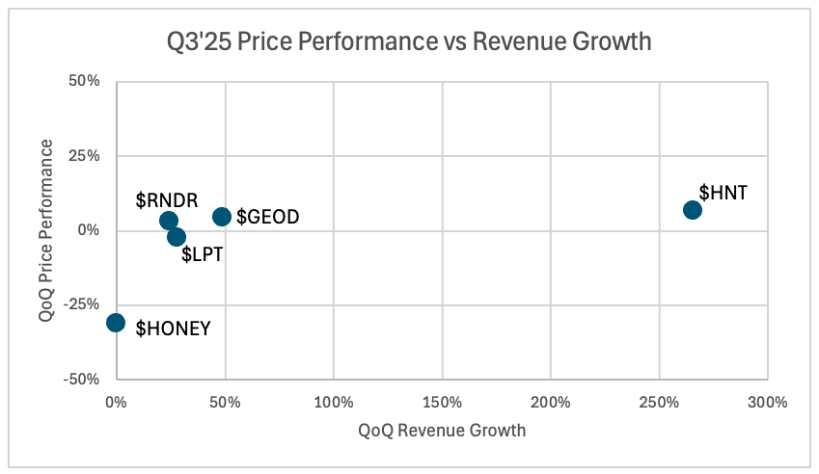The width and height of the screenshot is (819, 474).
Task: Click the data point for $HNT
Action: pyautogui.click(x=693, y=210)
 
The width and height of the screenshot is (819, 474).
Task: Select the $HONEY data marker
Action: pyautogui.click(x=116, y=322)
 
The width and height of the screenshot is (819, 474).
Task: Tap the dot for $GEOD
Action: pyautogui.click(x=222, y=217)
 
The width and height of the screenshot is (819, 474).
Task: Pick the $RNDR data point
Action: pyautogui.click(x=169, y=221)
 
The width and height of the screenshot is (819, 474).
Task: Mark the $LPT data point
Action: pyautogui.click(x=177, y=237)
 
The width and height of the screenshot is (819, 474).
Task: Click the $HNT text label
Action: pyautogui.click(x=723, y=193)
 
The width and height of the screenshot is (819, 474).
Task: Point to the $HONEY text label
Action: pyautogui.click(x=173, y=329)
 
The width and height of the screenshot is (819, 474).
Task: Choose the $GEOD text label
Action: pyautogui.click(x=268, y=218)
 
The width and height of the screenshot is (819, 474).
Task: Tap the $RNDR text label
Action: pyautogui.click(x=166, y=200)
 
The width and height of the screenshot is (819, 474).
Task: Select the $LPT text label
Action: pyautogui.click(x=203, y=257)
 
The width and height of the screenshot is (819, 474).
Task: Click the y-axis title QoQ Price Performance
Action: pyautogui.click(x=47, y=229)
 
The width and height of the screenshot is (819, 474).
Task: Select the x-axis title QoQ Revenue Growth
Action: pyautogui.click(x=442, y=431)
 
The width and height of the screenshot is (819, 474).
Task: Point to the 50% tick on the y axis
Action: pyautogui.click(x=85, y=82)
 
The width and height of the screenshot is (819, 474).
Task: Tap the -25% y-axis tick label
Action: pyautogui.click(x=82, y=304)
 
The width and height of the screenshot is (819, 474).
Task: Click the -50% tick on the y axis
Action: pyautogui.click(x=82, y=379)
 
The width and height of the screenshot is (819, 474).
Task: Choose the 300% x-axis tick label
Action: pyautogui.click(x=768, y=400)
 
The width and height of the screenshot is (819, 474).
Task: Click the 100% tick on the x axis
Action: pyautogui.click(x=333, y=400)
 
